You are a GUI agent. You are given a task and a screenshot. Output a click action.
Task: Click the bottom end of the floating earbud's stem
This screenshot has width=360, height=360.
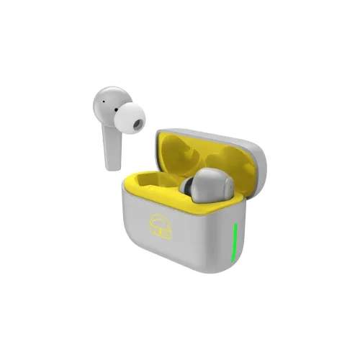click(111, 165)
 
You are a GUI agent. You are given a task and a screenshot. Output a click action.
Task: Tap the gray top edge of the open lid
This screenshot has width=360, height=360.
click(209, 134)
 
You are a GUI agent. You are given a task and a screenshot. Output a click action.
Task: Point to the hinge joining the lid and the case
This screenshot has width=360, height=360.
click(241, 198)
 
